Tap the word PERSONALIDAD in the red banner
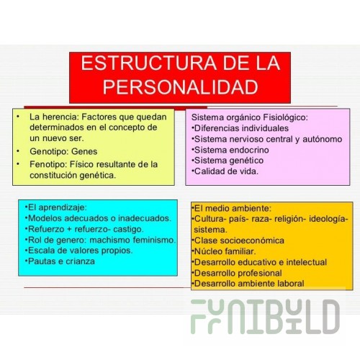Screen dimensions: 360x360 [181, 87]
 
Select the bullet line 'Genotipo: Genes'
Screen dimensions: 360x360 [63, 151]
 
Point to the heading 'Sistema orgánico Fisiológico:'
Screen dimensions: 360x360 [250, 117]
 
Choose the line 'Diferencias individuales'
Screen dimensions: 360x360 [240, 128]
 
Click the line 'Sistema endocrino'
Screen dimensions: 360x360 [230, 150]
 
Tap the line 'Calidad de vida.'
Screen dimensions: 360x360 [225, 171]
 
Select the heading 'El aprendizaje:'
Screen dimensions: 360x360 [55, 207]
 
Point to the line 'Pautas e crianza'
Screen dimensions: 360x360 [60, 261]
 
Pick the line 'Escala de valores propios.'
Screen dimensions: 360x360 [78, 251]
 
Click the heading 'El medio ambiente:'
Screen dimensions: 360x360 [231, 208]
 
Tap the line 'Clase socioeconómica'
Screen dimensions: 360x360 [238, 240]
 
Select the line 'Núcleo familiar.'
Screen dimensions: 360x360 [224, 251]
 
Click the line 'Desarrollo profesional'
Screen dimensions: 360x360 [237, 273]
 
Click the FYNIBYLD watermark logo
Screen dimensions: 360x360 [265, 316]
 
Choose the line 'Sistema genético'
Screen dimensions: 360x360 [228, 161]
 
